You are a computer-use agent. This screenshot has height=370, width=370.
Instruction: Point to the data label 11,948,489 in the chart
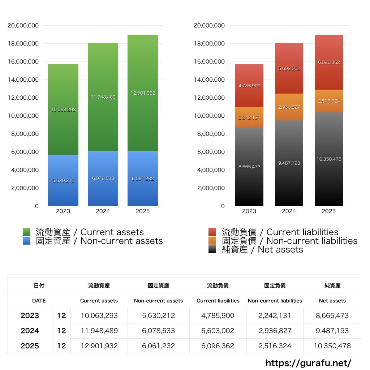[x=103, y=97]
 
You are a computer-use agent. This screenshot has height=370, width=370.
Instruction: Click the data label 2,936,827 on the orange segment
[x=289, y=107]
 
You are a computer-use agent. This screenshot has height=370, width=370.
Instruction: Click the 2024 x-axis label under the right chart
[x=289, y=211]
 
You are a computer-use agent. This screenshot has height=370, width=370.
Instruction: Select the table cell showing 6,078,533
[x=158, y=331]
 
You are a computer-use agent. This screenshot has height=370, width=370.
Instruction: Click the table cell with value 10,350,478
[x=332, y=346]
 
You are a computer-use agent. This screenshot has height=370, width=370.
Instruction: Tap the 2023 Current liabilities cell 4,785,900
[x=218, y=315]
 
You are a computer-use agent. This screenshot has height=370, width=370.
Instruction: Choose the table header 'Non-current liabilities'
[x=275, y=301]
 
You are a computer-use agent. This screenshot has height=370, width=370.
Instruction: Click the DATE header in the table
[x=39, y=301]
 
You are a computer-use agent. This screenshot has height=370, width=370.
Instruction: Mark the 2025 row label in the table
[x=30, y=346]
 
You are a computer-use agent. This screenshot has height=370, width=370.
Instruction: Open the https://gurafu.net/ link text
[x=308, y=363]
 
